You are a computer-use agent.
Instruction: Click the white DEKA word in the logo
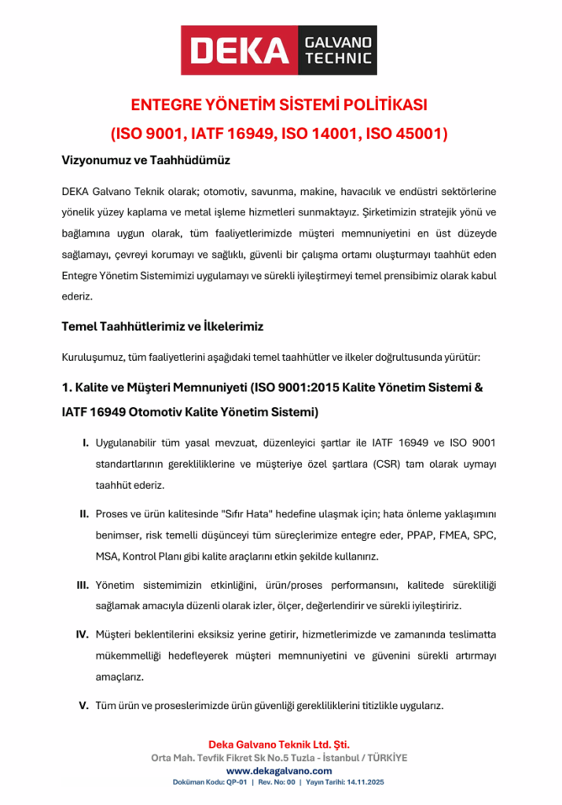(x=240, y=50)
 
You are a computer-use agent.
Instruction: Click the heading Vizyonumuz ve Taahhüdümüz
(x=145, y=160)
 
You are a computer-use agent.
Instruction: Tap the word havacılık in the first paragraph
(x=384, y=192)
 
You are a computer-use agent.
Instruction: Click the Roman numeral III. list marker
(x=82, y=586)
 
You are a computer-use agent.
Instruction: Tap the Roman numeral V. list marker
(x=83, y=705)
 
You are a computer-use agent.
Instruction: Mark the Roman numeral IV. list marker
(x=81, y=634)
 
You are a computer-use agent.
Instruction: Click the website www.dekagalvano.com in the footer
(x=279, y=771)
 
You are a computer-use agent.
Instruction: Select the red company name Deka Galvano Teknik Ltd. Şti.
(x=279, y=744)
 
